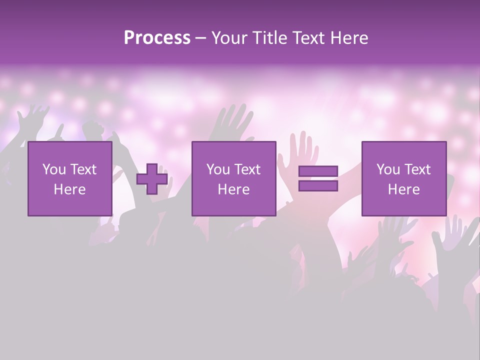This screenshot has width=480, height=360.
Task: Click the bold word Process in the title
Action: [x=157, y=38]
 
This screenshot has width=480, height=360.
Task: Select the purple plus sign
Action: [x=152, y=179]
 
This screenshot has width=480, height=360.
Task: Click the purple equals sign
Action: [x=318, y=179]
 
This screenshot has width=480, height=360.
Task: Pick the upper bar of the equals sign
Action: [x=318, y=171]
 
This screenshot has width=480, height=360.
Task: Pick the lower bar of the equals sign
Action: [x=318, y=186]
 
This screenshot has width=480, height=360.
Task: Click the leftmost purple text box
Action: [x=70, y=178]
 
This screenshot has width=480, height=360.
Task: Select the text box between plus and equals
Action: [x=233, y=178]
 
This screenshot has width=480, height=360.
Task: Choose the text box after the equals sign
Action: [x=404, y=178]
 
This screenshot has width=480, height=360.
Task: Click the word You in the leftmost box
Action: [x=53, y=169]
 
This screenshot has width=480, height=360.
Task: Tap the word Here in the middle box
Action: [x=233, y=189]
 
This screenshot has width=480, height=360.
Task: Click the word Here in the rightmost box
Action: [x=404, y=189]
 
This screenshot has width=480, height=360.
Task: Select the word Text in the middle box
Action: [x=247, y=169]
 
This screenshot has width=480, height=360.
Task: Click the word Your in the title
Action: [x=228, y=38]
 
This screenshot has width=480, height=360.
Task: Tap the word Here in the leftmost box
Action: [x=70, y=189]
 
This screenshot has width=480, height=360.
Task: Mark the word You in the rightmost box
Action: [x=388, y=169]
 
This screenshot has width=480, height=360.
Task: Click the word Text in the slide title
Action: [x=305, y=38]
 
